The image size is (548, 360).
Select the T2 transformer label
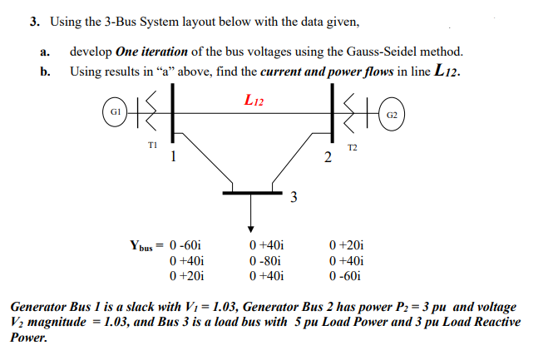[x=353, y=147]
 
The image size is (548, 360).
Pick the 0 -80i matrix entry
[x=267, y=261]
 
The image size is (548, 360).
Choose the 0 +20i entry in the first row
[x=347, y=246]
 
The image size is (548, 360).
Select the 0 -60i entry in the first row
[x=185, y=246]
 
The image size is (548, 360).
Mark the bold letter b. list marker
[x=44, y=72]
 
